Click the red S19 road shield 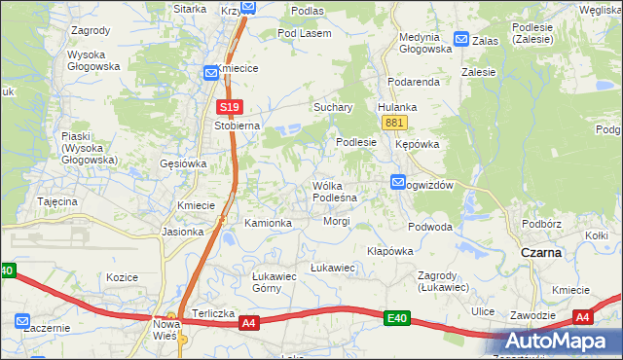click(x=228, y=107)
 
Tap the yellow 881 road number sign click(x=394, y=123)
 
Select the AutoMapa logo click(x=564, y=342)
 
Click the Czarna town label click(x=540, y=252)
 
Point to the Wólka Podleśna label click(x=334, y=191)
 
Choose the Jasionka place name click(x=183, y=232)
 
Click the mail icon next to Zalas click(x=460, y=41)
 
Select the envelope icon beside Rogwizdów click(x=398, y=182)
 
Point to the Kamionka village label click(x=269, y=223)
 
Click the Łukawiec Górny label click(x=253, y=282)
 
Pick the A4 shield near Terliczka click(x=248, y=322)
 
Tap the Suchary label click(x=332, y=107)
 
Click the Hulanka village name click(x=397, y=107)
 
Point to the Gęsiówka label click(x=183, y=163)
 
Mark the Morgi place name click(x=337, y=221)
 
